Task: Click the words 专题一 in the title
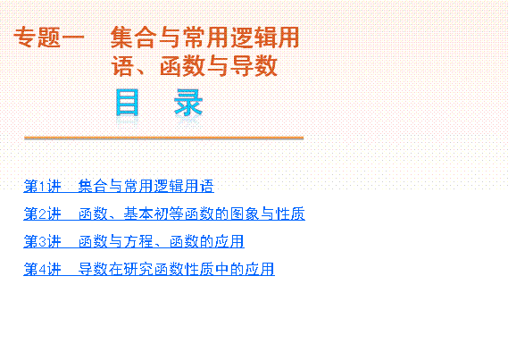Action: [x=49, y=38]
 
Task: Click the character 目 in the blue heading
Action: [x=128, y=103]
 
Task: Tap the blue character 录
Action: [x=188, y=103]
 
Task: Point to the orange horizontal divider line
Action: [x=164, y=138]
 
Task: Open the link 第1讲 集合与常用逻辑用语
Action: [x=119, y=186]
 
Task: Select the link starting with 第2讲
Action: [x=164, y=213]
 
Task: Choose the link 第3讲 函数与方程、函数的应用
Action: [x=134, y=241]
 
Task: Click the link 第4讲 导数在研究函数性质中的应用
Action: [x=149, y=269]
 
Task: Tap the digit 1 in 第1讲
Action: [x=42, y=187]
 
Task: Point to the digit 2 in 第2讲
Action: [x=42, y=214]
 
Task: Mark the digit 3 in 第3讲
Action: [x=42, y=242]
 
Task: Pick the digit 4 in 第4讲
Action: [x=42, y=270]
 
